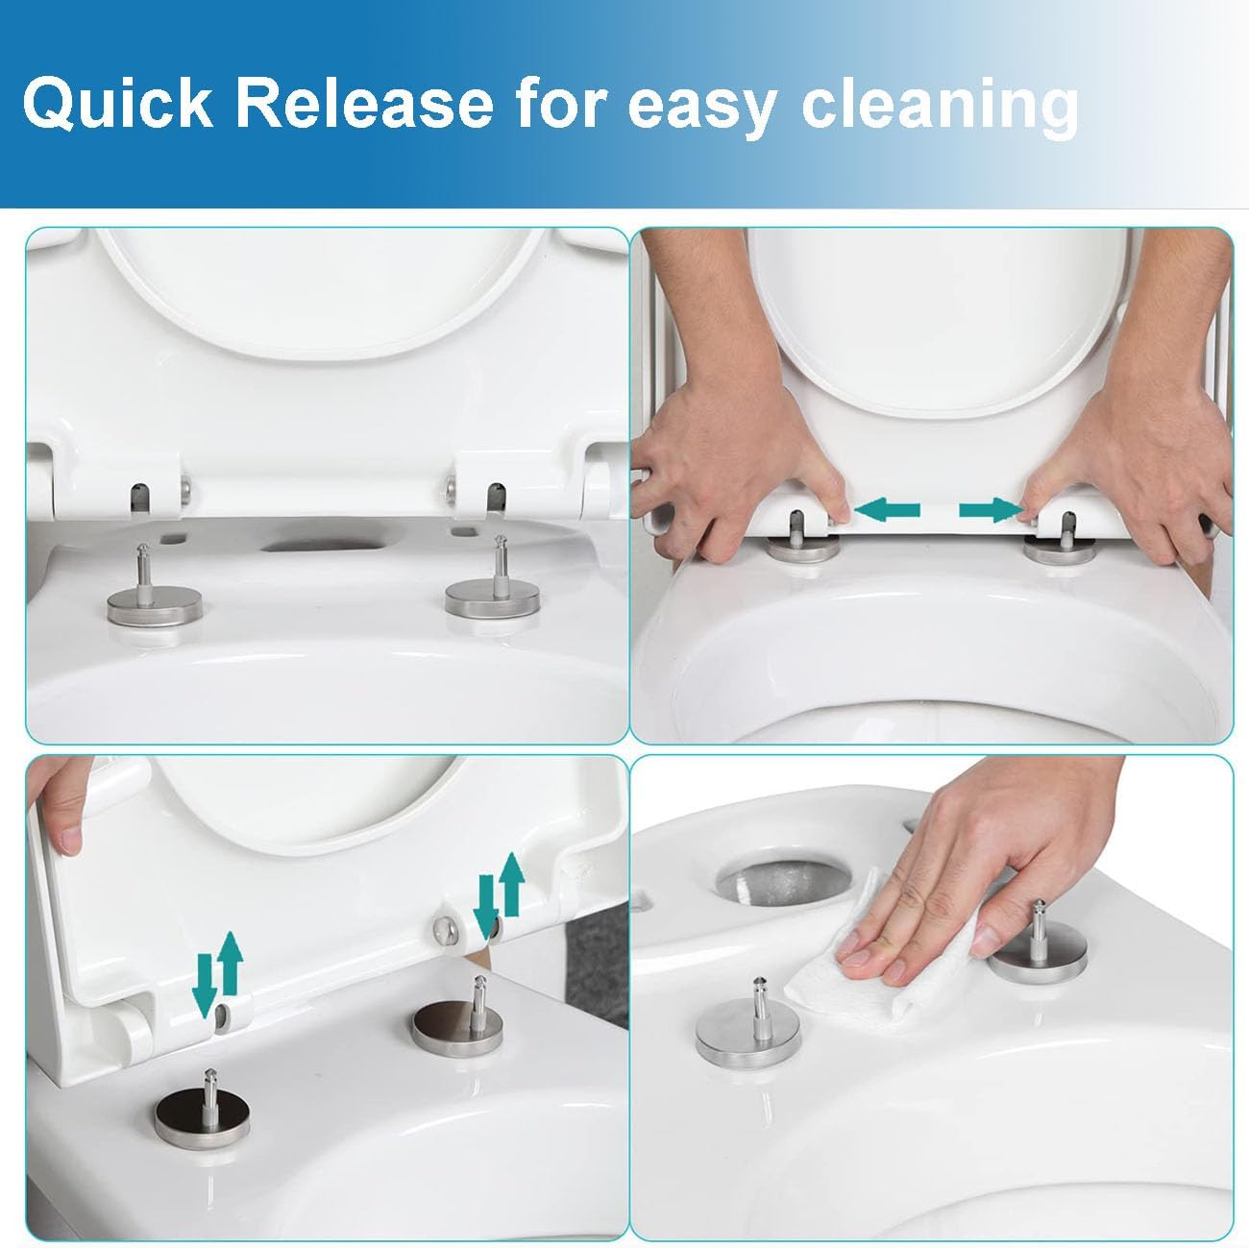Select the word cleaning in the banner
[940, 106]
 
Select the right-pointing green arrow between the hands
[990, 508]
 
